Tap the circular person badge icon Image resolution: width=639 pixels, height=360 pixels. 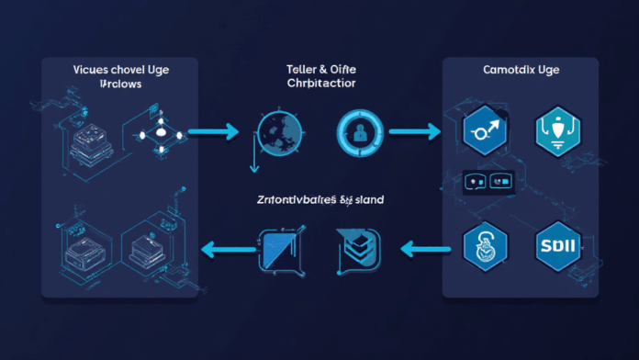(357, 131)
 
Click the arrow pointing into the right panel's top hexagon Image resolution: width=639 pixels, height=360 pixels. (412, 131)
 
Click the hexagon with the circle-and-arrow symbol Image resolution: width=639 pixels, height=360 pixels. (488, 132)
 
